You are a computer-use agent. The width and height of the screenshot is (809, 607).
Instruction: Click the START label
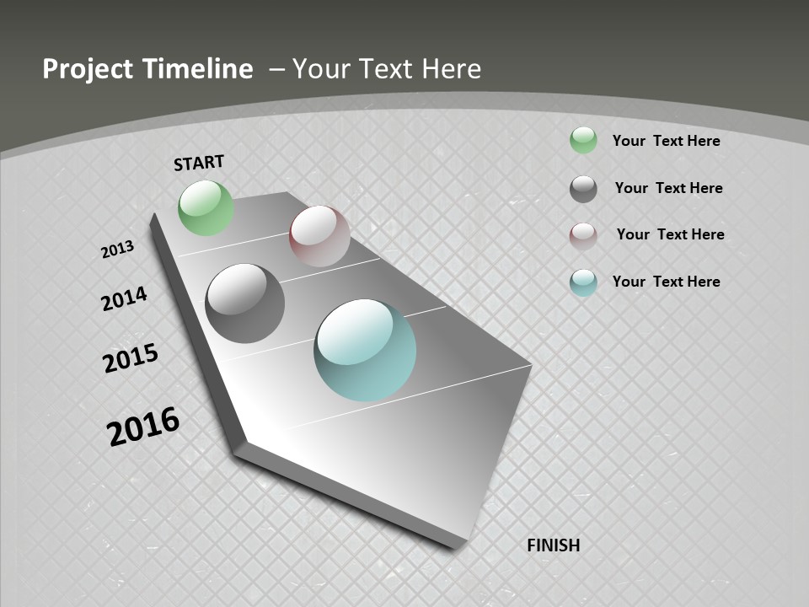pyautogui.click(x=199, y=163)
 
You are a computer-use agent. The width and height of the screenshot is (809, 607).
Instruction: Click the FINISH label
pyautogui.click(x=554, y=545)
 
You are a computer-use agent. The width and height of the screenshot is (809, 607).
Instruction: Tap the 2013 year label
pyautogui.click(x=118, y=250)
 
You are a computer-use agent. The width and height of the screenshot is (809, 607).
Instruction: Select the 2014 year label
pyautogui.click(x=125, y=298)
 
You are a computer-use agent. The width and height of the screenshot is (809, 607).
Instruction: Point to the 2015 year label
pyautogui.click(x=131, y=358)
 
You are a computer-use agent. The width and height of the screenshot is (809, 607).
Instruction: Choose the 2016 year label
pyautogui.click(x=143, y=426)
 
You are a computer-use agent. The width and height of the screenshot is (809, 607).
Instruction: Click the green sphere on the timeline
pyautogui.click(x=206, y=207)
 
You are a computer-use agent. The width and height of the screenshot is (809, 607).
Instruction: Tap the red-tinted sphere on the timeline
pyautogui.click(x=319, y=236)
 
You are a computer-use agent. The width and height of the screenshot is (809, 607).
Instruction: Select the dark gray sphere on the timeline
pyautogui.click(x=244, y=303)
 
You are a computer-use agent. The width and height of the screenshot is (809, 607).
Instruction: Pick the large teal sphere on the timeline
pyautogui.click(x=365, y=350)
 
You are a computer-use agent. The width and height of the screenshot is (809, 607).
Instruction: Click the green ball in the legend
pyautogui.click(x=583, y=140)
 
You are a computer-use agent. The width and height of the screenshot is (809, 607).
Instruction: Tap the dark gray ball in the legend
pyautogui.click(x=583, y=189)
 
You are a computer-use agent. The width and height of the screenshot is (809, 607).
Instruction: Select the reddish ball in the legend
pyautogui.click(x=583, y=236)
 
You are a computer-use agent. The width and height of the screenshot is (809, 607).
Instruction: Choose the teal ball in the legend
pyautogui.click(x=583, y=282)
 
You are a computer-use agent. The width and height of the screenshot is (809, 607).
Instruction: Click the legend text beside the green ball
pyautogui.click(x=666, y=141)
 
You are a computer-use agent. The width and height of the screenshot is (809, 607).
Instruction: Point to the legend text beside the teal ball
pyautogui.click(x=666, y=282)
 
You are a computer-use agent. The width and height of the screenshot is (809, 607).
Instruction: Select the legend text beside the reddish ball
pyautogui.click(x=670, y=234)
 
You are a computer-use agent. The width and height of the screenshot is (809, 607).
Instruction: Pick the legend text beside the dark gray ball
pyautogui.click(x=668, y=188)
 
